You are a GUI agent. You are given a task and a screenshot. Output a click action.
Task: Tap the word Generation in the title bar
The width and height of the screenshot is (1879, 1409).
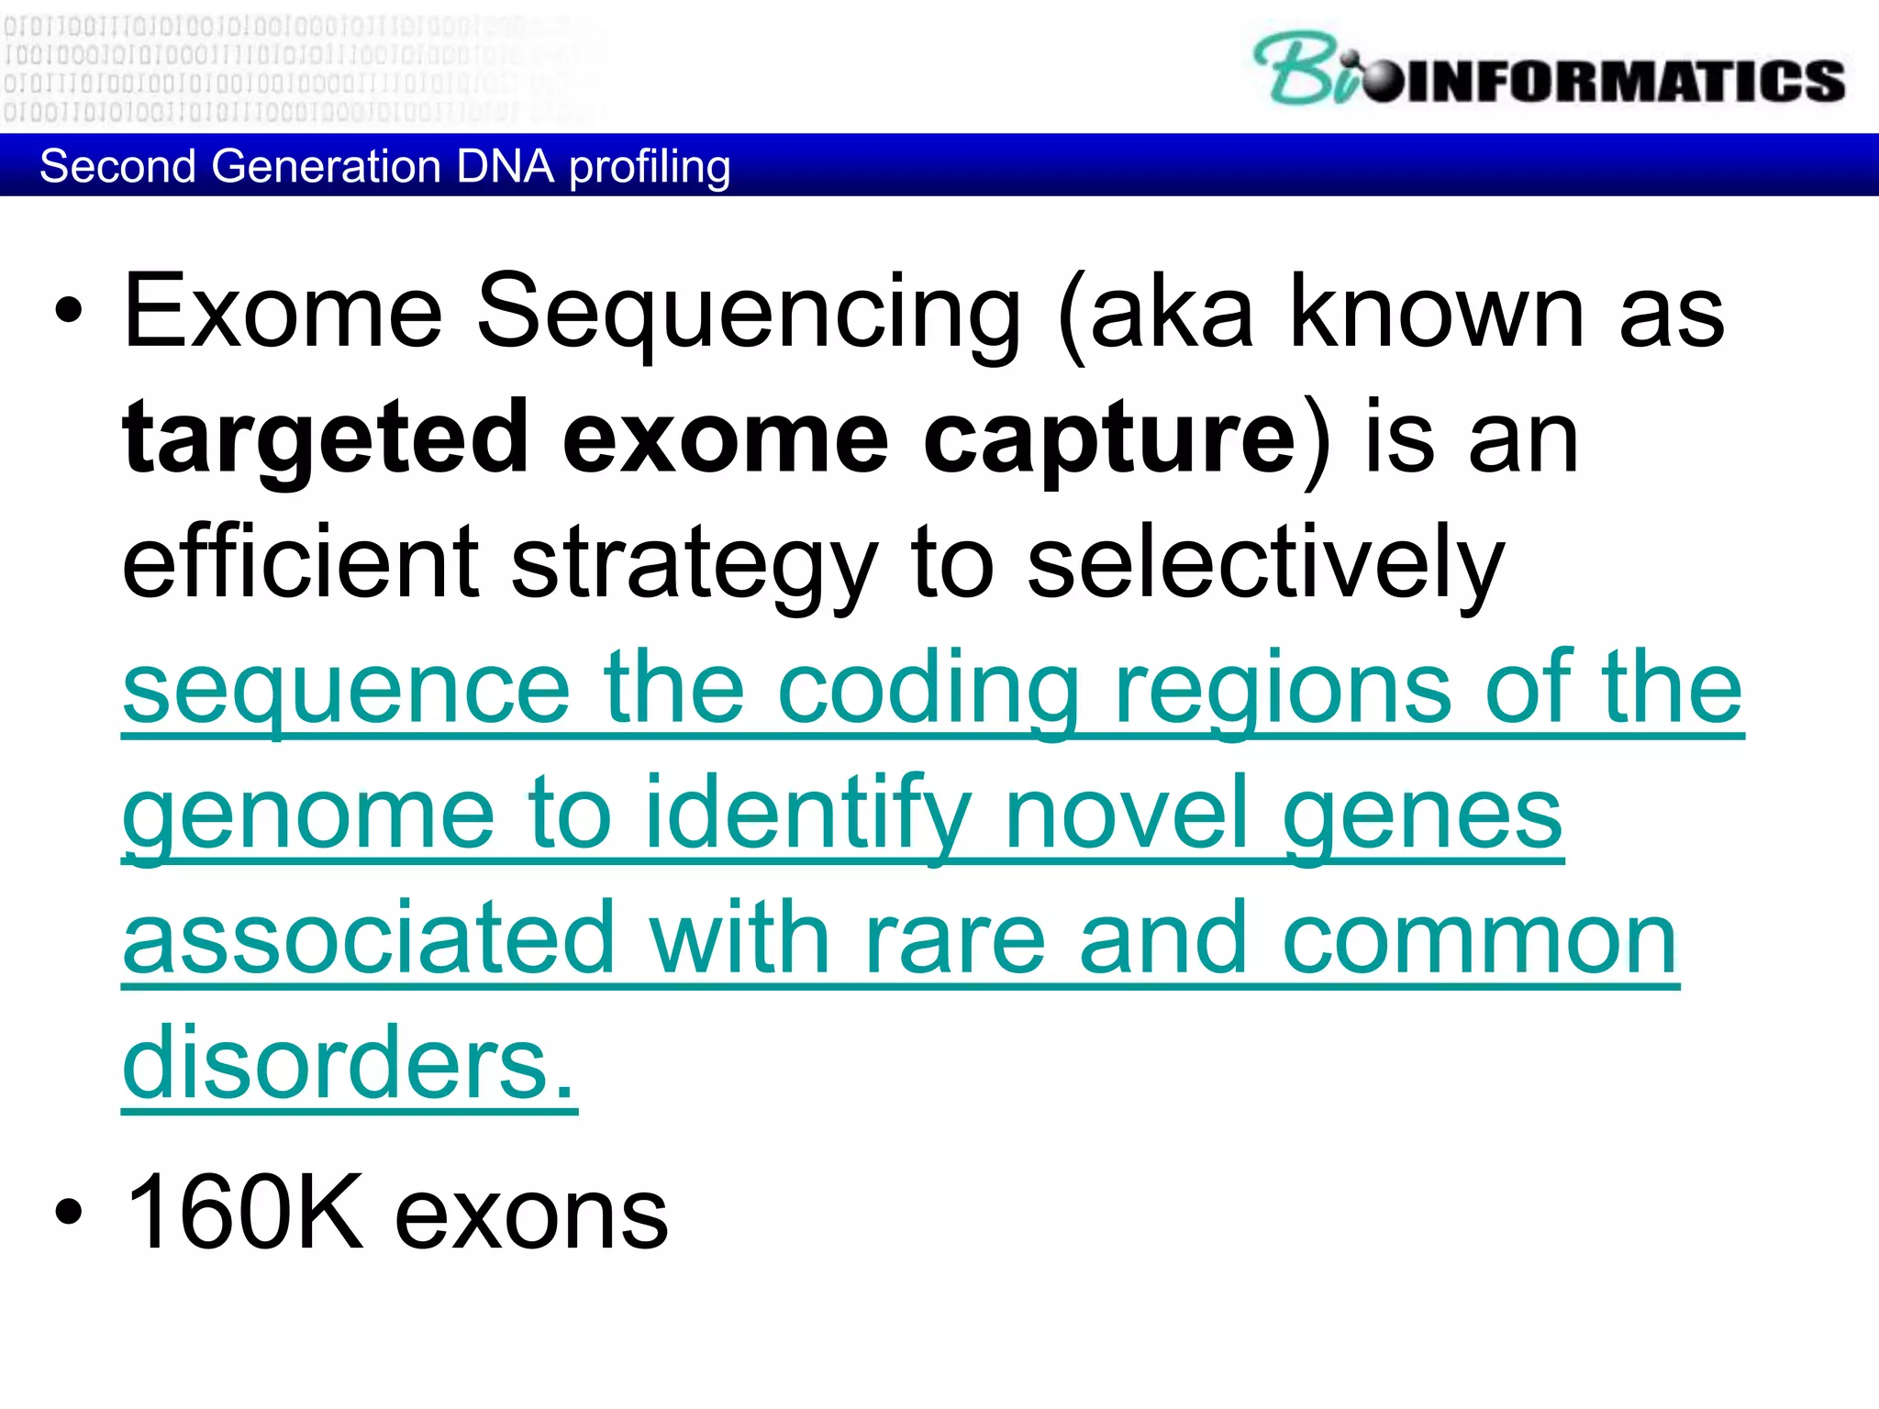pyautogui.click(x=326, y=167)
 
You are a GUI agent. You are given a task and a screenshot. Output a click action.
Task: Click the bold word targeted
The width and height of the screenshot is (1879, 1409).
pyautogui.click(x=325, y=438)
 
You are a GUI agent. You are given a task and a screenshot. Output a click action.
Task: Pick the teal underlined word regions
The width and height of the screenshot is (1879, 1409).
pyautogui.click(x=1284, y=690)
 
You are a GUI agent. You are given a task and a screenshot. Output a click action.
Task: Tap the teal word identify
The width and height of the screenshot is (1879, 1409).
pyautogui.click(x=807, y=815)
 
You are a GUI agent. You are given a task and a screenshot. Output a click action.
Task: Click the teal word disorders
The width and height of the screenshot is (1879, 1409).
pyautogui.click(x=349, y=1064)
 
